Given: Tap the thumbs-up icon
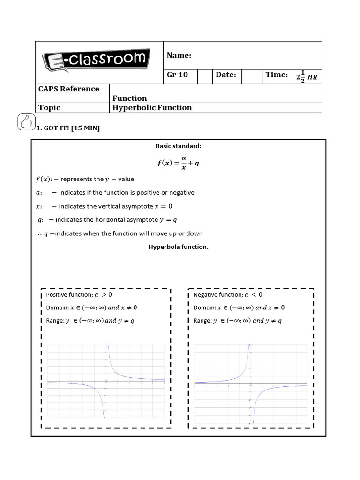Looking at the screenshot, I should click(26, 122).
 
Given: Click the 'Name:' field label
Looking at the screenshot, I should click(179, 56).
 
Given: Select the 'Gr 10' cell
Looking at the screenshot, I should click(177, 75).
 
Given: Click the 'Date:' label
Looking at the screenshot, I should click(226, 75).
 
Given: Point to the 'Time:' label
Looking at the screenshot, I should click(277, 75).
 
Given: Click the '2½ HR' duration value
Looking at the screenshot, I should click(307, 77).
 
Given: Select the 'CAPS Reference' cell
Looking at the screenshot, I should click(69, 89).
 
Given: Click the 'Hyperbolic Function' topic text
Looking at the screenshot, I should click(152, 108).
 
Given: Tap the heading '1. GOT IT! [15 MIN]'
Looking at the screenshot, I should click(68, 128).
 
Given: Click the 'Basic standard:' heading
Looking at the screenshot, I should click(179, 146).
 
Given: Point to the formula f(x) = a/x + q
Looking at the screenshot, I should click(179, 163).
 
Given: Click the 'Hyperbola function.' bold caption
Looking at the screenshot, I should click(179, 247).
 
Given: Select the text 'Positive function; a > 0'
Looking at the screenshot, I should click(79, 295).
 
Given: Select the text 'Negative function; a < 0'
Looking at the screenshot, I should click(228, 295).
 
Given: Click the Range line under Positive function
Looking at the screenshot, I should click(90, 321).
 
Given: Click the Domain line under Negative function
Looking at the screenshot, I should click(239, 308).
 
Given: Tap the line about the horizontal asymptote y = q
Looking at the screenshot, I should click(107, 220).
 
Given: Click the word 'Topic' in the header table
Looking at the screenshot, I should click(49, 108).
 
